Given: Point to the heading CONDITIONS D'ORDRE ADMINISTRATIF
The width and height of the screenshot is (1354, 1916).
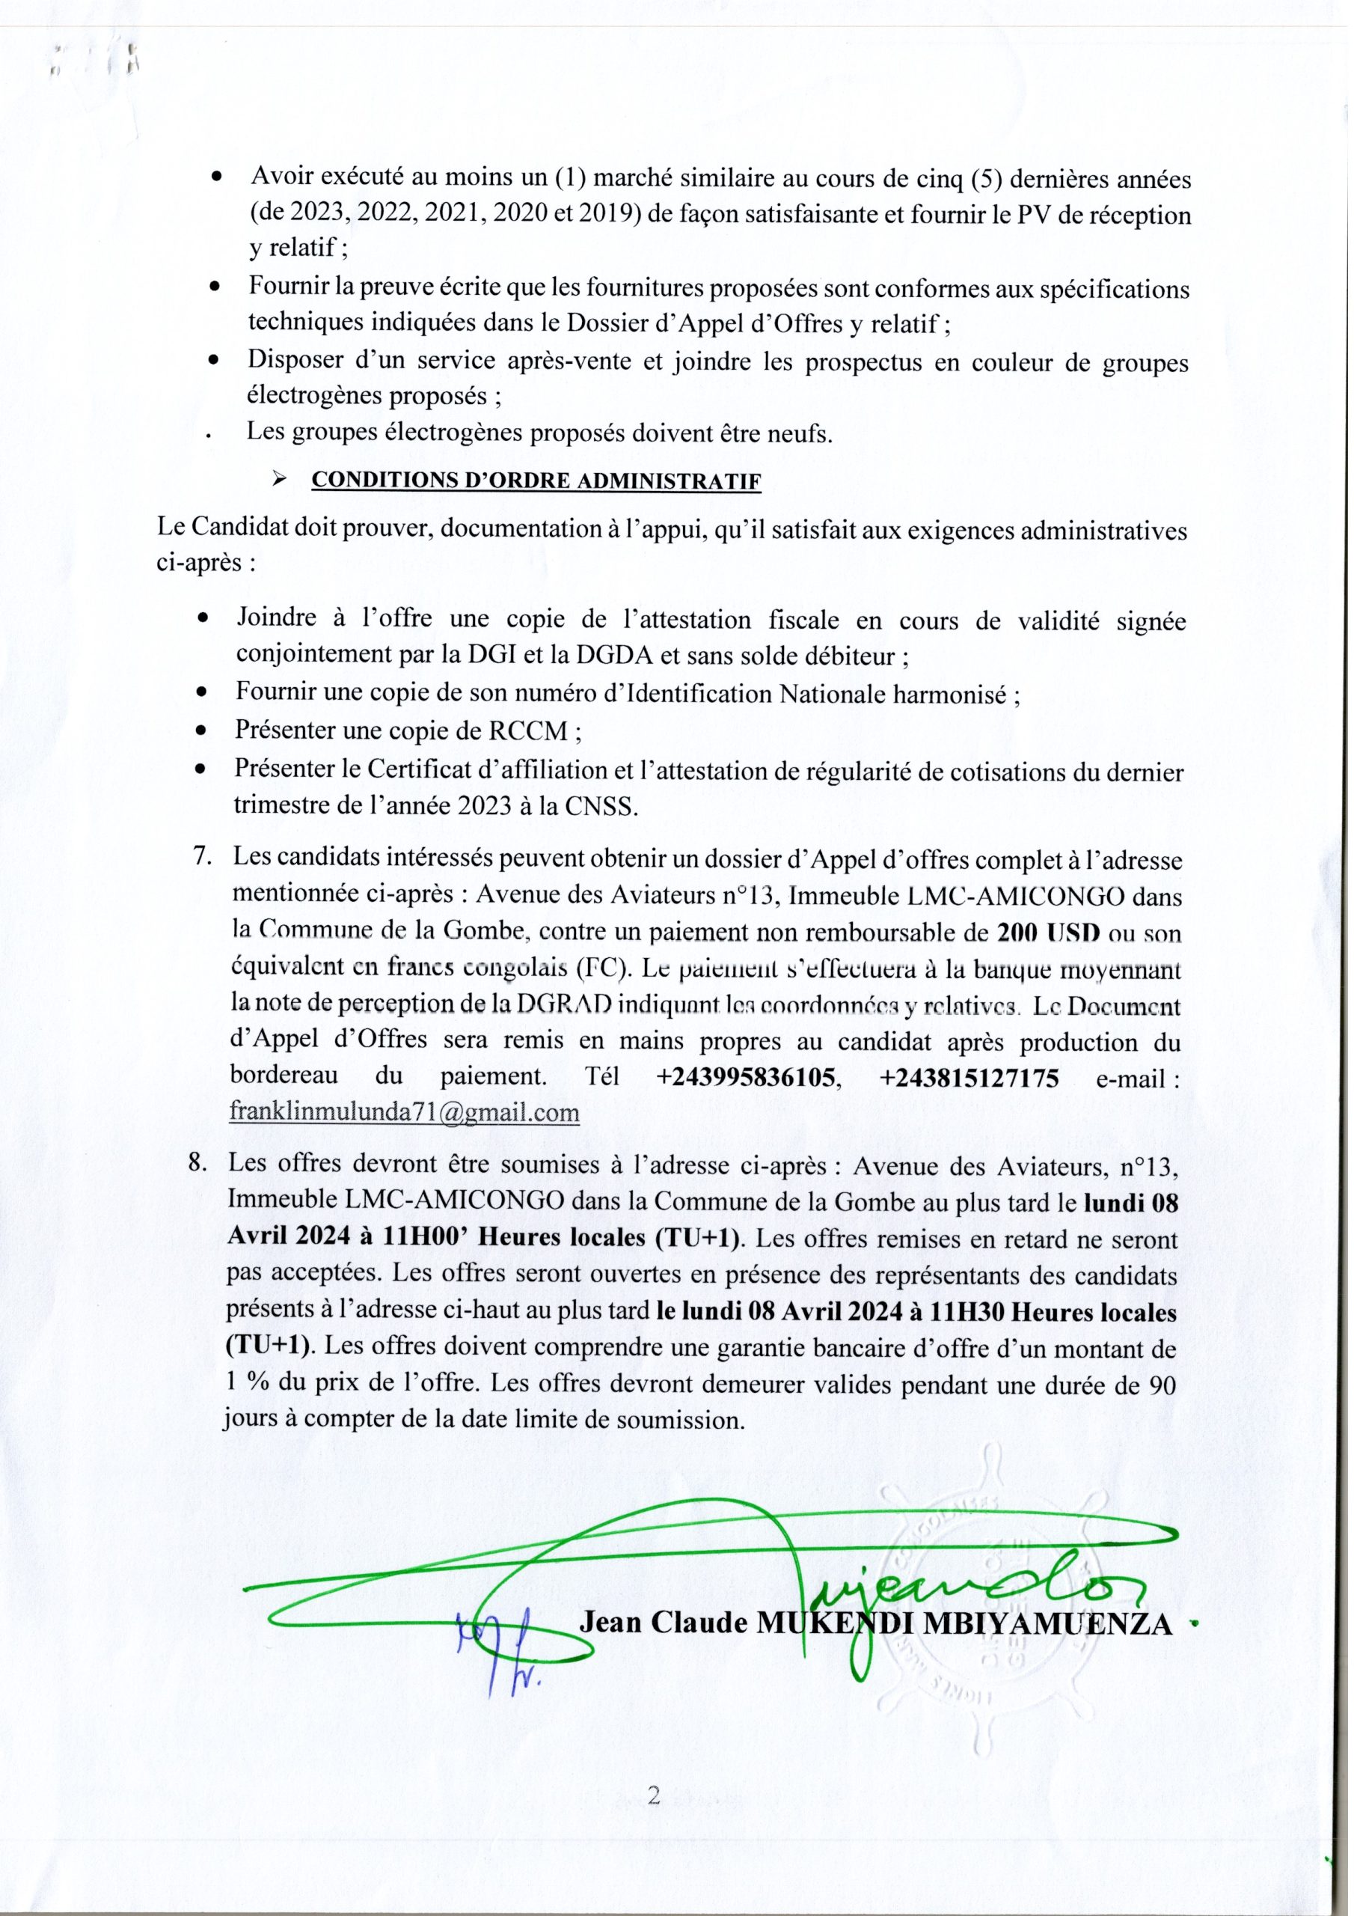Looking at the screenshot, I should (x=535, y=481).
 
